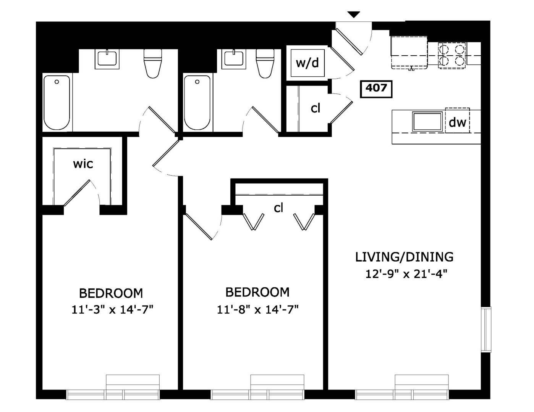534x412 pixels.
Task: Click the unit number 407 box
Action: point(376,89)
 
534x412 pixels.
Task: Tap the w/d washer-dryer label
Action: point(307,63)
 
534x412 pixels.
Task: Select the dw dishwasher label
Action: point(457,122)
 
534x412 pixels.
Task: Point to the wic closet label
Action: point(83,164)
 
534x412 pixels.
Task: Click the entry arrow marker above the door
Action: point(354,14)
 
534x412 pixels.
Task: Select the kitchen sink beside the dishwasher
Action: point(427,121)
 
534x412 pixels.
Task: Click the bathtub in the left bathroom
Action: point(57,103)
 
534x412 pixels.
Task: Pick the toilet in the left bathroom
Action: point(153,63)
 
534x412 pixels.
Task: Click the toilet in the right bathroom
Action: point(265,63)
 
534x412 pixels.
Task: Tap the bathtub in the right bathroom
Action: point(197,103)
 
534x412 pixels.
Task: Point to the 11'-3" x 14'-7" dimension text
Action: point(113,310)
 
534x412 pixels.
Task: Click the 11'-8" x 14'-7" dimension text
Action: point(257,310)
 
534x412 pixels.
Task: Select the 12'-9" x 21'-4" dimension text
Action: point(406,274)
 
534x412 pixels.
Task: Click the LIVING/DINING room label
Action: point(405,257)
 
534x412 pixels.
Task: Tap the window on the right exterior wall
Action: point(486,330)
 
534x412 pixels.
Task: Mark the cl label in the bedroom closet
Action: point(278,208)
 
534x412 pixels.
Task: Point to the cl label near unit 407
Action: point(315,108)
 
